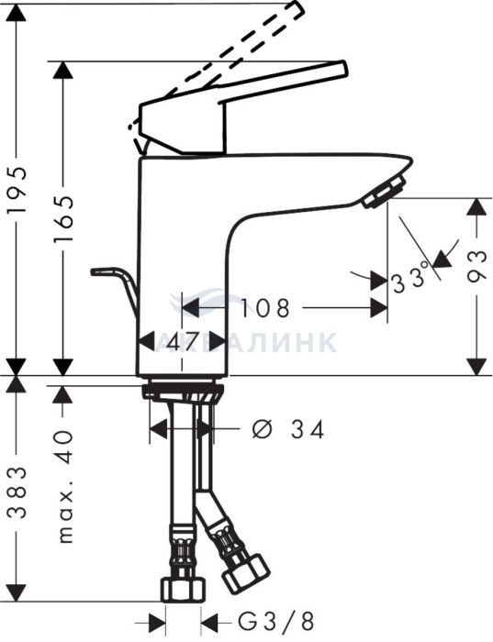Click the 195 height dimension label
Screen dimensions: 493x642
tap(17, 188)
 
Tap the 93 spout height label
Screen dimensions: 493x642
tap(476, 267)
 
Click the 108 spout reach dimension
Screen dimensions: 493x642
tap(264, 308)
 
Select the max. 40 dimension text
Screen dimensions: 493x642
tap(65, 486)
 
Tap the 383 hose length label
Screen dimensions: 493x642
tap(17, 493)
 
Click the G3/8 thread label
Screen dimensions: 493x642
tap(275, 622)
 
